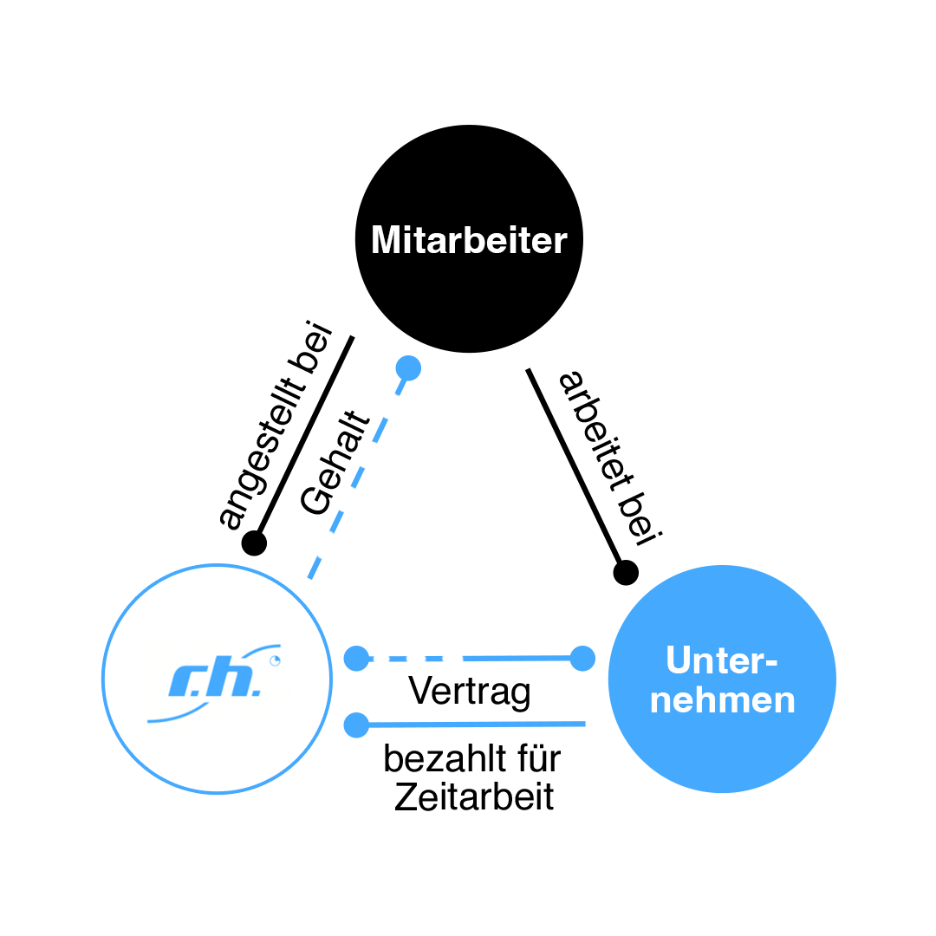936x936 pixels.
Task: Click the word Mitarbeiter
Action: tap(468, 240)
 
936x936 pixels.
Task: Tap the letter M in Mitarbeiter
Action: tap(386, 240)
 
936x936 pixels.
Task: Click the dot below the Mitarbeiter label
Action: tap(408, 368)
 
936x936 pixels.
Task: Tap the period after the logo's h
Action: tap(256, 692)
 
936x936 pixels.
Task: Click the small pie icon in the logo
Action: tap(276, 661)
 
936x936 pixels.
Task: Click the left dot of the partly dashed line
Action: tap(356, 659)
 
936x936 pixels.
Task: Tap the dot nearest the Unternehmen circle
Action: tap(582, 659)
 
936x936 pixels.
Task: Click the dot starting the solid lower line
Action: tap(356, 725)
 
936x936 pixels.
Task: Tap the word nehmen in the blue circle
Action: tap(722, 699)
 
